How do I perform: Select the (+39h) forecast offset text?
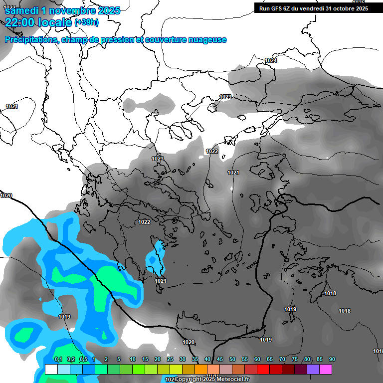86,22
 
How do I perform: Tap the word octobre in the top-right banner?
337,8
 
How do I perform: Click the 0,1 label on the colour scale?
58,360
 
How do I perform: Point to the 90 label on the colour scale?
332,360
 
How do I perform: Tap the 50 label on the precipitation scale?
232,360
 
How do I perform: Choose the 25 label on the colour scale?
170,360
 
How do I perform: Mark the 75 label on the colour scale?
295,360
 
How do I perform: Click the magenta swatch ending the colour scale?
326,369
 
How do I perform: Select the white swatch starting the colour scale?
51,369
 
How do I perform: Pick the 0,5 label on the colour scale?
83,360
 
